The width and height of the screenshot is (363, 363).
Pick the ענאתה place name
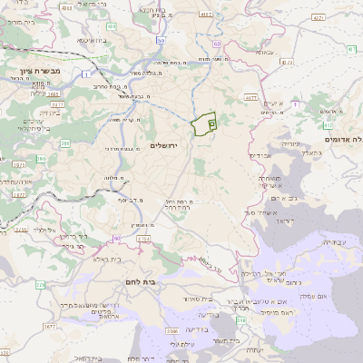[264, 53]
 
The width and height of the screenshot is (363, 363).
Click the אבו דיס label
[260, 155]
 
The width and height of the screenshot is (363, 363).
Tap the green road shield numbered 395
[66, 143]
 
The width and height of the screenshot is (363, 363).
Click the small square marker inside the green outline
[211, 121]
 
